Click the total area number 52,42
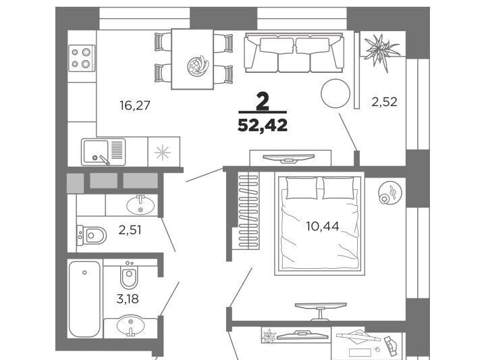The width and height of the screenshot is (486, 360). [263, 125]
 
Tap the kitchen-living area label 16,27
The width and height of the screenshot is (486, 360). [135, 105]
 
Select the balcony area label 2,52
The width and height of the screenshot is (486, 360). [384, 102]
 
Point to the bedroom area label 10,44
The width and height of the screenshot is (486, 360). [323, 226]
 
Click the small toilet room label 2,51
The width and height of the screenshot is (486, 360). [130, 230]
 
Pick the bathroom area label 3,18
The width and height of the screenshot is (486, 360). [128, 299]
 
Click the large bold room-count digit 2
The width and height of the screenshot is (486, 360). [263, 102]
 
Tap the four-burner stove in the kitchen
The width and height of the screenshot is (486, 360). [82, 58]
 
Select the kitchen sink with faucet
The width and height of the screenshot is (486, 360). [103, 152]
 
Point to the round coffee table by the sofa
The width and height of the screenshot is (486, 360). [335, 93]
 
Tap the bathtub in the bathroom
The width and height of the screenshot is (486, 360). [84, 299]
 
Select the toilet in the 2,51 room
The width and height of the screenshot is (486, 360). [92, 235]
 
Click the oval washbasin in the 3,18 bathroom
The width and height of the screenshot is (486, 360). [130, 326]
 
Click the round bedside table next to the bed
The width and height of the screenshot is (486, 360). [389, 192]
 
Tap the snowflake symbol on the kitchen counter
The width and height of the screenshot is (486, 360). [163, 153]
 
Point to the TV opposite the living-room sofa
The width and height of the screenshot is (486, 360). [289, 159]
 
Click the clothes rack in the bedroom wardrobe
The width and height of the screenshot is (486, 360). [248, 211]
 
